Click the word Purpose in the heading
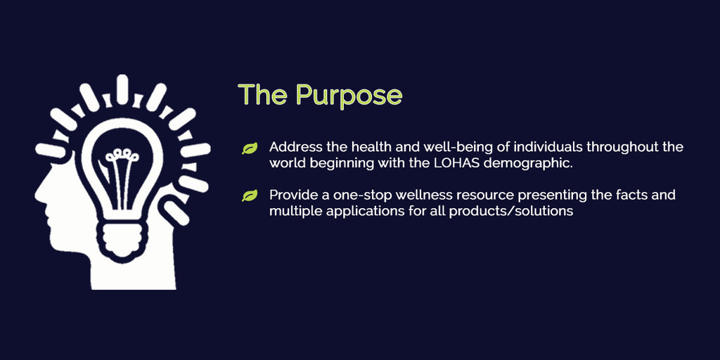click(349, 95)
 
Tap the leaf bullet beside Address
click(250, 148)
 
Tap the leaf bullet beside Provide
click(250, 196)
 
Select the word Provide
click(289, 195)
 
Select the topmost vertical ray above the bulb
click(122, 89)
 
